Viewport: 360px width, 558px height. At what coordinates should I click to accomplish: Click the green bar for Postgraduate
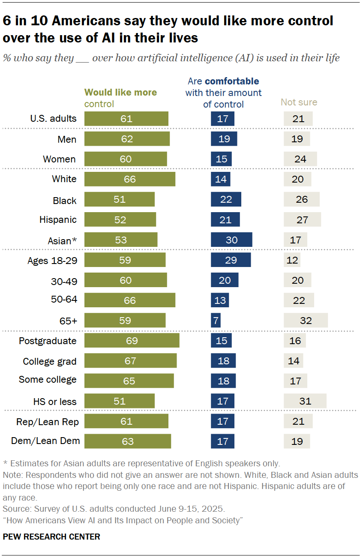(x=132, y=341)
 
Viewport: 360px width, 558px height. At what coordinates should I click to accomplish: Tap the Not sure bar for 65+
(x=306, y=321)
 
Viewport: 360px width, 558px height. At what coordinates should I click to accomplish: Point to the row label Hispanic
(x=58, y=220)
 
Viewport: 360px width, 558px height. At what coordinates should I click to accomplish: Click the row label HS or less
(x=55, y=402)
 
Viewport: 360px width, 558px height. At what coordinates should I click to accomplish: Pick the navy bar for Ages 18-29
(x=231, y=260)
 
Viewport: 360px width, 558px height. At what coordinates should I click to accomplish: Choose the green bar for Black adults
(x=120, y=200)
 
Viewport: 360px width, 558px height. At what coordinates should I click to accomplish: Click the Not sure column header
(x=299, y=102)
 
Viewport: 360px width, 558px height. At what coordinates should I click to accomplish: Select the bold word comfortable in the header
(x=232, y=81)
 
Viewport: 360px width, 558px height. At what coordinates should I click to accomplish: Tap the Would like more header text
(x=120, y=93)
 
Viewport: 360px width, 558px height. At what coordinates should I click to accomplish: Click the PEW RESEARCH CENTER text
(x=51, y=537)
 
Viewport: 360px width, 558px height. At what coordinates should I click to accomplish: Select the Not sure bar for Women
(x=300, y=159)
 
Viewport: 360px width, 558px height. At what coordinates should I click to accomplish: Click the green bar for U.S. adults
(x=126, y=119)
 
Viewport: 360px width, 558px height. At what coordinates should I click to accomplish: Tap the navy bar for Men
(x=224, y=139)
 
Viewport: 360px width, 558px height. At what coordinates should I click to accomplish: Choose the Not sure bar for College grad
(x=294, y=361)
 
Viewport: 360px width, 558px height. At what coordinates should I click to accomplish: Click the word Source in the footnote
(x=14, y=509)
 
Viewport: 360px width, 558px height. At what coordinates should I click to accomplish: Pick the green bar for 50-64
(x=130, y=300)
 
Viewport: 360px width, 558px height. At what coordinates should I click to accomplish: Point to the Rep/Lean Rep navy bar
(x=222, y=422)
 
